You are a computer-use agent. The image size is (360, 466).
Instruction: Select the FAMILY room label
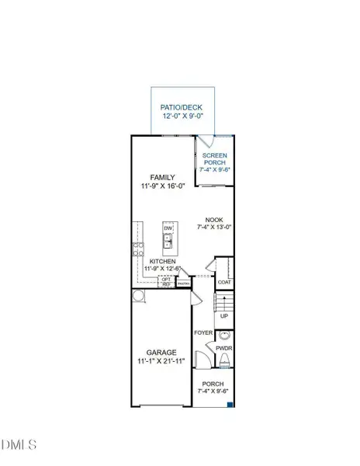[x=163, y=177]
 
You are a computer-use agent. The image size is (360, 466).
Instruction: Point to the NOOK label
[x=214, y=219]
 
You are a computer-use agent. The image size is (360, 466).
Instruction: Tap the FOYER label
[x=204, y=332]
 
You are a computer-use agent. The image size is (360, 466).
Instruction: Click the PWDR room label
[x=224, y=349]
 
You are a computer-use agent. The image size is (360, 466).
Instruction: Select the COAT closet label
[x=224, y=282]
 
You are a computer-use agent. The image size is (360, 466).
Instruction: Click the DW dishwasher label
[x=168, y=228]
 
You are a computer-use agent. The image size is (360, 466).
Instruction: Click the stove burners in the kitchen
[x=139, y=249]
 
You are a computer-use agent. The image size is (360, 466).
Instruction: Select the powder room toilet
[x=224, y=360]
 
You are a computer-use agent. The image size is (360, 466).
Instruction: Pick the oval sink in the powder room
[x=225, y=336]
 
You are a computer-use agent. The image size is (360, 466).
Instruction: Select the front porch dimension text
[x=213, y=391]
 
